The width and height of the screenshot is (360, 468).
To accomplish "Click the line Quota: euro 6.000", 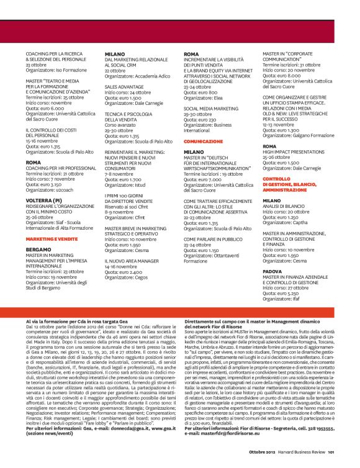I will click(45, 108).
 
